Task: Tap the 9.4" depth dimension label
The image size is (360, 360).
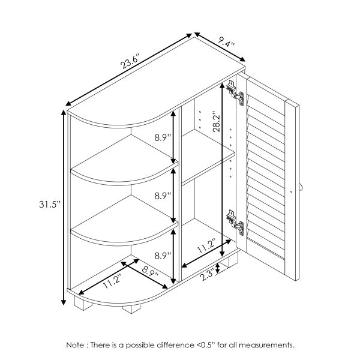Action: click(x=226, y=43)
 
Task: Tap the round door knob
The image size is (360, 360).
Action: click(x=300, y=188)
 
